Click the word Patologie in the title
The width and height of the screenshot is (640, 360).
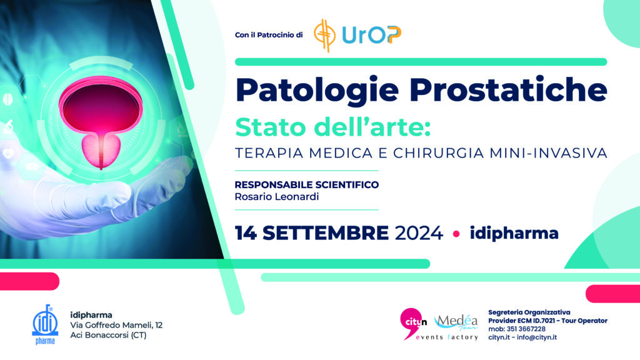click(317, 91)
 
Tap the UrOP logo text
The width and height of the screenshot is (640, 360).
click(371, 35)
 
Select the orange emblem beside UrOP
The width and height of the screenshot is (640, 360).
click(324, 36)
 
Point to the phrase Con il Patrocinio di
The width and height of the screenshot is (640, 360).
click(269, 35)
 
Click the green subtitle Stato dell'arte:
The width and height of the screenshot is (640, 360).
click(333, 127)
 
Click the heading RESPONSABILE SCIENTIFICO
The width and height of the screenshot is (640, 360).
click(306, 184)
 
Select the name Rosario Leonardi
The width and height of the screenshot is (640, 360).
click(277, 197)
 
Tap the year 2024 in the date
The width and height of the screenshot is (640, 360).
click(419, 234)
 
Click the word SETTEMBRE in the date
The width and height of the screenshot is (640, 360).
click(325, 234)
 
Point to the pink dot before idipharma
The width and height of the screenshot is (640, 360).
click(456, 234)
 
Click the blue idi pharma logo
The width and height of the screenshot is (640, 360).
click(45, 324)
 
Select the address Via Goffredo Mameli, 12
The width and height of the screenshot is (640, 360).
click(116, 325)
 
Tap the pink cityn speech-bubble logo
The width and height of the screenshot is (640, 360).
click(412, 323)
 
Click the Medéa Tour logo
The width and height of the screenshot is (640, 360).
click(456, 322)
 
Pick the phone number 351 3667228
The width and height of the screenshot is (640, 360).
click(526, 329)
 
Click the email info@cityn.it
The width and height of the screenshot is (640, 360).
click(537, 337)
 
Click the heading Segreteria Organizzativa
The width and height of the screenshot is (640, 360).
click(529, 312)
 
